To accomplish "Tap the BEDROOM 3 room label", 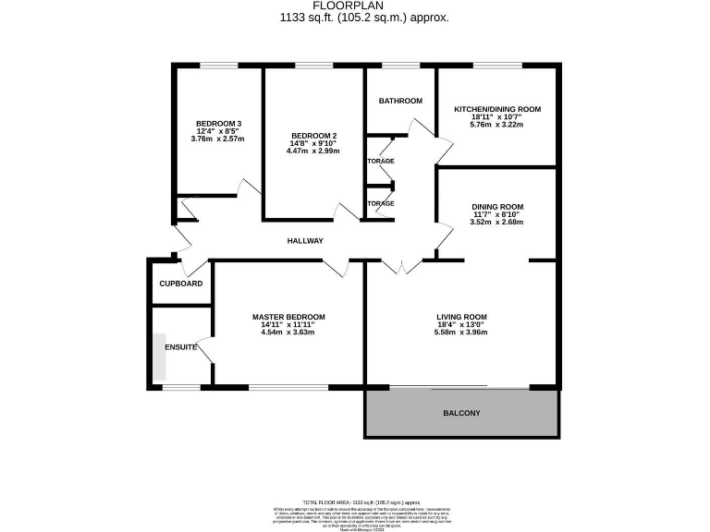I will [218, 124].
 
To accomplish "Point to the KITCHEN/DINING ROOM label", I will [496, 109].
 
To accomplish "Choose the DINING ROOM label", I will [497, 207].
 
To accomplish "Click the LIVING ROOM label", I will [461, 317].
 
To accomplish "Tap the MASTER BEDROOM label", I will [288, 317].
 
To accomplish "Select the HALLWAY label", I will [305, 241].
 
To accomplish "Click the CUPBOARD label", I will [181, 284].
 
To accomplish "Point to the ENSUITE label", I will [180, 347].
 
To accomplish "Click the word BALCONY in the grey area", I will [461, 413].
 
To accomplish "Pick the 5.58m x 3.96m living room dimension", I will [461, 332].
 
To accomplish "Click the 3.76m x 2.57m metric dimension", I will [218, 139].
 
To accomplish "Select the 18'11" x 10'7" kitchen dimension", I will [496, 117].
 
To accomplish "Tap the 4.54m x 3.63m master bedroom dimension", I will [288, 332].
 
